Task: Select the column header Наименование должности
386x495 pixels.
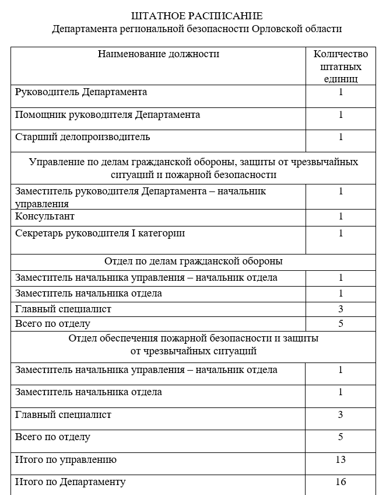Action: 159,54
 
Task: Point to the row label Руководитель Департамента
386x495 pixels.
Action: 81,92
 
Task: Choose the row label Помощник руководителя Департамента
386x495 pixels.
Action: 107,115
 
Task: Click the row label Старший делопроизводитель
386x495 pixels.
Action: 82,137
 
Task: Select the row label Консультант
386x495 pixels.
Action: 45,217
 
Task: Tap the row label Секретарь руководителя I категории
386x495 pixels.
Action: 100,233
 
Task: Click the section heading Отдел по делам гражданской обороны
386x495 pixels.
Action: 194,260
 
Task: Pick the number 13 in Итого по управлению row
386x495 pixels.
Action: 341,460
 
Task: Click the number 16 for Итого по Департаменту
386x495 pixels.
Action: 341,482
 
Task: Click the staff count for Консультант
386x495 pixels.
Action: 341,217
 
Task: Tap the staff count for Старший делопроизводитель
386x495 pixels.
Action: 341,137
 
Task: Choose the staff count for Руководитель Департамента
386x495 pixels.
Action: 341,92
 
